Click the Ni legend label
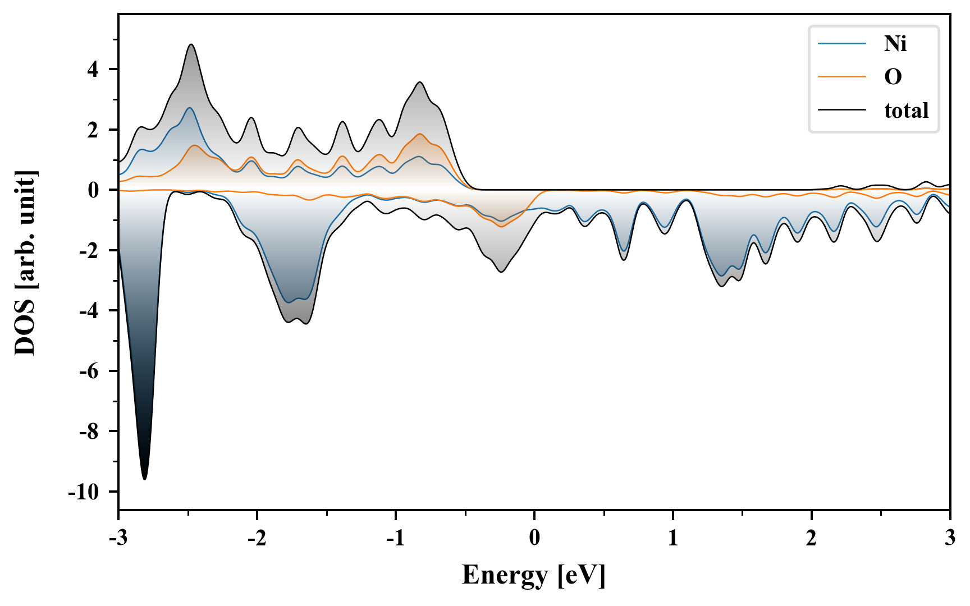[895, 43]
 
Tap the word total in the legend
[906, 110]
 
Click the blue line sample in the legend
[841, 43]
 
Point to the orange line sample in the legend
[841, 76]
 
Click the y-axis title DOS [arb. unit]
[26, 262]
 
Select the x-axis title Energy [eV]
[534, 575]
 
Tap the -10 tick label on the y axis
[83, 492]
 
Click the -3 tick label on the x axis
[118, 538]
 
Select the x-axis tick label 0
[534, 538]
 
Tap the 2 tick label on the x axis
[811, 538]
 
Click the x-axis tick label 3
[950, 538]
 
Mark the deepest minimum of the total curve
[145, 479]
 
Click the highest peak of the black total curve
[191, 44]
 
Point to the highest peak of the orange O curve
[419, 134]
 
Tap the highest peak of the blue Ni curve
[190, 108]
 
